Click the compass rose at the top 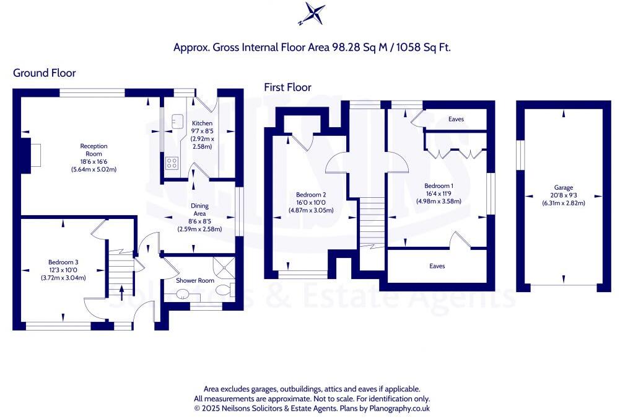pyautogui.click(x=310, y=14)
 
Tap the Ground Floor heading pyautogui.click(x=45, y=73)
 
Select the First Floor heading pyautogui.click(x=287, y=87)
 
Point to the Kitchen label pyautogui.click(x=202, y=123)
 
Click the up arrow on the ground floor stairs pyautogui.click(x=121, y=290)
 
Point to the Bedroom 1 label pyautogui.click(x=439, y=186)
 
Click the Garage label pyautogui.click(x=564, y=187)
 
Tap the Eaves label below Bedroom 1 pyautogui.click(x=437, y=266)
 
